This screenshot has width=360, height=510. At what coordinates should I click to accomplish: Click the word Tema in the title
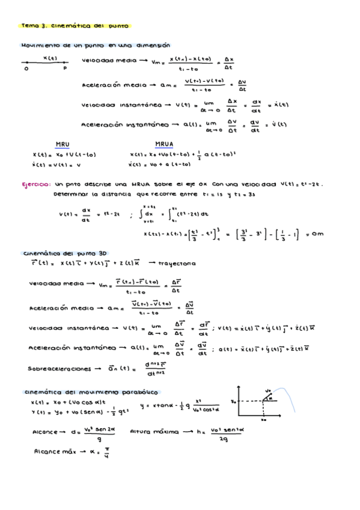click(29, 26)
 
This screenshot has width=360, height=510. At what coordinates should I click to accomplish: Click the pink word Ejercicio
click(35, 185)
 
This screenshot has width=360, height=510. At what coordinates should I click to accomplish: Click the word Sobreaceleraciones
click(59, 368)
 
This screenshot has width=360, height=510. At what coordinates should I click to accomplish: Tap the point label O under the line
click(26, 69)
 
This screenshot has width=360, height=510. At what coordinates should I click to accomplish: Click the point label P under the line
click(65, 69)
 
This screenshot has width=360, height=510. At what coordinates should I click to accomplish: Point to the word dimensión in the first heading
click(149, 45)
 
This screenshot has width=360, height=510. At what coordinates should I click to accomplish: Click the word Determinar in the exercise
click(70, 194)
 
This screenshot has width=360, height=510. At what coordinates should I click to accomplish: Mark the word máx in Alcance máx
click(71, 450)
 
